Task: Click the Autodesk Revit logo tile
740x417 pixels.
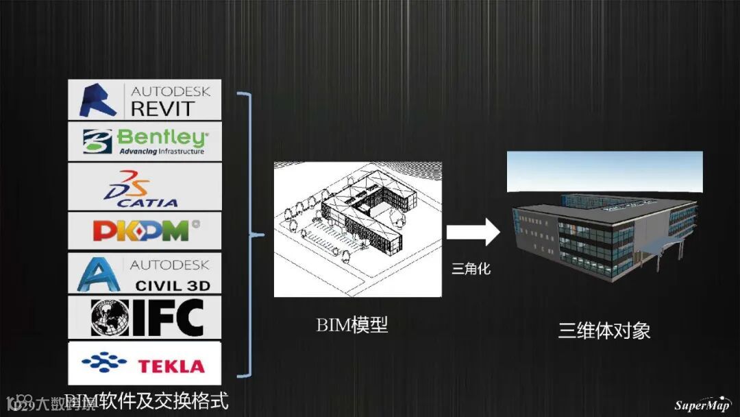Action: [x=145, y=100]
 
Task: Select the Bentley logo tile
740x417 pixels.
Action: [x=145, y=141]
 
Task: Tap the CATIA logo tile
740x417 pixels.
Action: [x=145, y=187]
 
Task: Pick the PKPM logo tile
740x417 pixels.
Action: [x=145, y=230]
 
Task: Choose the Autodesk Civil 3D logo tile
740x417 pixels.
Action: [x=145, y=273]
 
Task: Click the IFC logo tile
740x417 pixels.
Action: [x=145, y=317]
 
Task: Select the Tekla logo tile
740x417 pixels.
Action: [x=145, y=364]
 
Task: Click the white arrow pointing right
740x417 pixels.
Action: [x=473, y=233]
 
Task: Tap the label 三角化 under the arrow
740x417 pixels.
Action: [x=471, y=270]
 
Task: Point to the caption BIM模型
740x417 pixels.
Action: [x=352, y=324]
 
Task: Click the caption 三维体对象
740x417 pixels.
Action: [x=604, y=331]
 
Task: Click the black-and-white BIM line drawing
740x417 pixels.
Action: [x=358, y=229]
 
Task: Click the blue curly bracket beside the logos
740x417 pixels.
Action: [x=249, y=235]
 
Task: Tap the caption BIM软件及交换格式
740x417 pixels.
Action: [x=147, y=400]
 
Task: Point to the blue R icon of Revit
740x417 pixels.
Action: [x=99, y=100]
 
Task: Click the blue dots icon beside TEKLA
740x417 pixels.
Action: [x=103, y=362]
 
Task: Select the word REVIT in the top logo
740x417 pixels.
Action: [x=162, y=108]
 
